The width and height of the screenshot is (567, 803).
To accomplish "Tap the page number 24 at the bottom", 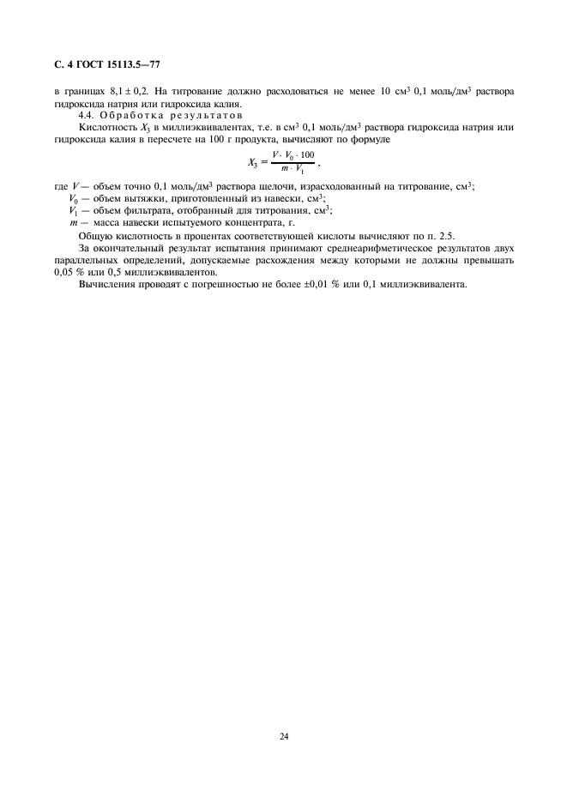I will click(x=283, y=735).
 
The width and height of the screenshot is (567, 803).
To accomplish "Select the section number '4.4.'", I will click(x=88, y=115).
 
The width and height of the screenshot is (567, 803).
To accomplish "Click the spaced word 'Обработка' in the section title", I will click(x=134, y=115).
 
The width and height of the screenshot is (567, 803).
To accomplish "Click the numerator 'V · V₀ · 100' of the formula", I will click(x=293, y=154).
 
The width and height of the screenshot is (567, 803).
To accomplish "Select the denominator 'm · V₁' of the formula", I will click(x=293, y=167).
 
